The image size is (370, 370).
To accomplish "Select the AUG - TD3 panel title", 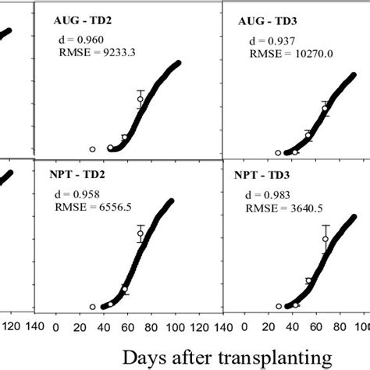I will [x=265, y=22].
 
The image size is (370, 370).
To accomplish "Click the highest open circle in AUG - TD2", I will [x=141, y=98].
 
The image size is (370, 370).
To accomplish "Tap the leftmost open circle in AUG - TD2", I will [x=92, y=149].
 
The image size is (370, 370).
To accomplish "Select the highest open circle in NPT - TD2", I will [x=141, y=233].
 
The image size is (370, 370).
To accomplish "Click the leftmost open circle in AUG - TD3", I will [x=279, y=153].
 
